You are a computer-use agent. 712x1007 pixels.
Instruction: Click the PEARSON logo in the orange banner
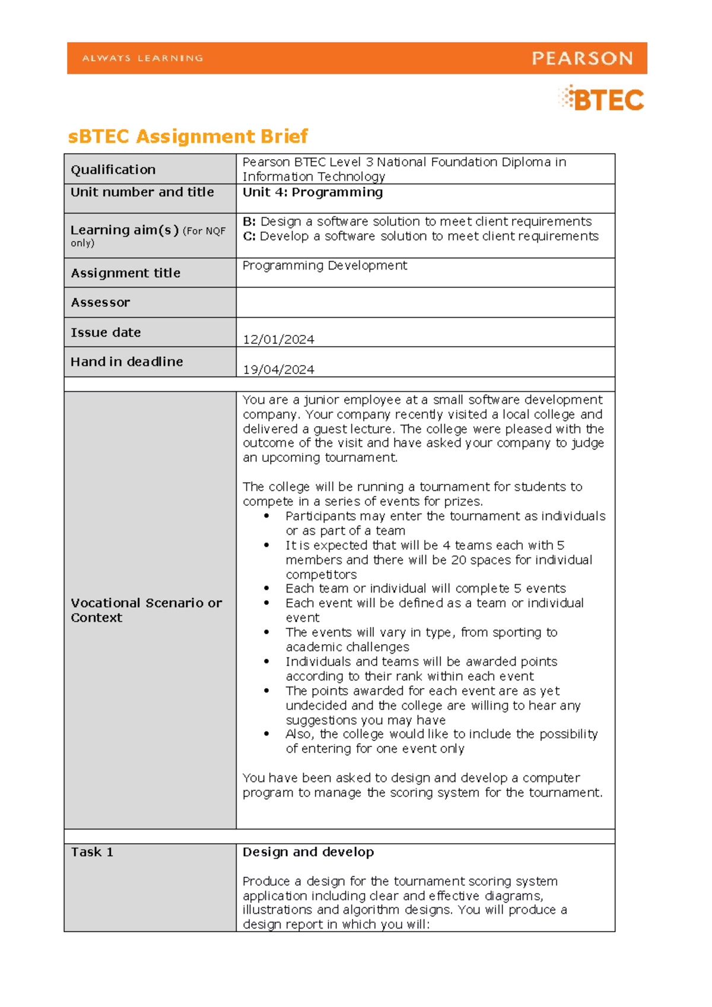pos(582,58)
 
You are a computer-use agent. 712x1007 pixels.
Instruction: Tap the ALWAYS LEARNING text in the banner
pos(142,58)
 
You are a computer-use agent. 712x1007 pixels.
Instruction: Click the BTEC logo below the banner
pos(602,99)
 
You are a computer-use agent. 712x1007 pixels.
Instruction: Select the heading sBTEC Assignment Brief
pos(188,137)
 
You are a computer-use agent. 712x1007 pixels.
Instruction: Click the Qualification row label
pos(113,170)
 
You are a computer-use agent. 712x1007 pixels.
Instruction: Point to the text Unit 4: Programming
pos(313,192)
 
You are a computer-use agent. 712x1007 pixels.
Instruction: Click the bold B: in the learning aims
pos(249,221)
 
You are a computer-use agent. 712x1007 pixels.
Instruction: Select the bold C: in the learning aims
pos(249,236)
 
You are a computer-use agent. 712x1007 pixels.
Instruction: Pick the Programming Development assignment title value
pos(325,265)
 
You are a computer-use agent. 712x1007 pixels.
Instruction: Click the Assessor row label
pos(100,303)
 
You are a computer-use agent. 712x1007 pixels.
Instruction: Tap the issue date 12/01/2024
pos(278,340)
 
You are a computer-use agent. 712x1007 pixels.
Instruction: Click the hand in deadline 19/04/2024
pos(278,369)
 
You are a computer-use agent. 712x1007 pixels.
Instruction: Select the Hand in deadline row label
pos(127,362)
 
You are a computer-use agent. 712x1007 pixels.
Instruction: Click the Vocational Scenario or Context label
pos(146,610)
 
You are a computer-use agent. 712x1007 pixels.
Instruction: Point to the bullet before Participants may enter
pos(267,516)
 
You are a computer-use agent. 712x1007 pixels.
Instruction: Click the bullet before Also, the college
pos(267,734)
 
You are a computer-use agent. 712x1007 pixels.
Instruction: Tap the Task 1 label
pos(92,852)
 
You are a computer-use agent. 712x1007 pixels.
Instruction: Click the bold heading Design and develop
pos(308,852)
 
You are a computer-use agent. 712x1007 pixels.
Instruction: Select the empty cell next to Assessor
pos(425,303)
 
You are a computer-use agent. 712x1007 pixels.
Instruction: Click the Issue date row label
pos(106,332)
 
